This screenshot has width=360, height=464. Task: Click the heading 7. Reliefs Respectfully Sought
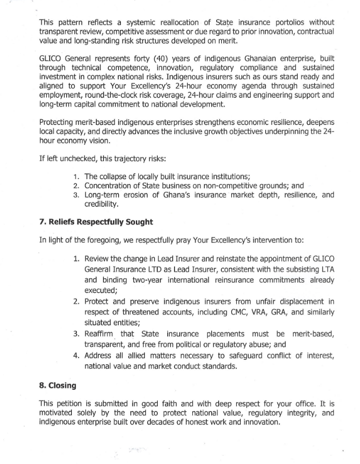click(x=96, y=222)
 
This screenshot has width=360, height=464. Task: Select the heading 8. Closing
click(x=57, y=385)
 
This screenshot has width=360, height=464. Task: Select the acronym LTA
click(x=326, y=270)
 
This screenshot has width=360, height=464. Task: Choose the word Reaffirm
click(x=104, y=333)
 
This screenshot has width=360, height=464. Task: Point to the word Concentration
click(x=110, y=186)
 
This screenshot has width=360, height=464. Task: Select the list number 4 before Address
click(x=77, y=355)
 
